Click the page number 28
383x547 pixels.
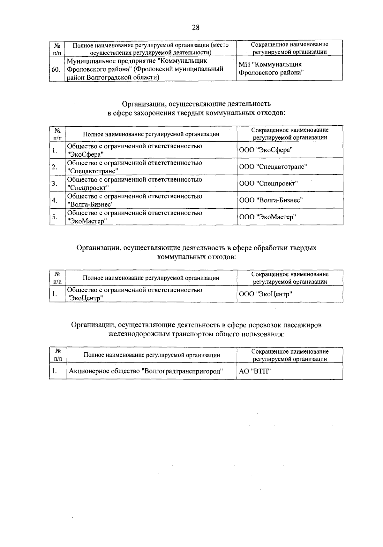click(196, 27)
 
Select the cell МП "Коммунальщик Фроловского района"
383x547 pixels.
click(271, 68)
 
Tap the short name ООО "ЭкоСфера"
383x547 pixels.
click(266, 150)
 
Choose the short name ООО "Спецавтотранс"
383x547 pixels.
click(273, 167)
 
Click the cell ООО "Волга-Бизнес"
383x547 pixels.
click(271, 200)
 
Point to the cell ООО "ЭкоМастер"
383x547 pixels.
click(267, 217)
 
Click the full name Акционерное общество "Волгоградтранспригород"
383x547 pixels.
click(146, 371)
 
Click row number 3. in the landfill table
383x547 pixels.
click(55, 184)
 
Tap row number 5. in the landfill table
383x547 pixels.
click(55, 217)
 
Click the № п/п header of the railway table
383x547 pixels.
click(58, 355)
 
